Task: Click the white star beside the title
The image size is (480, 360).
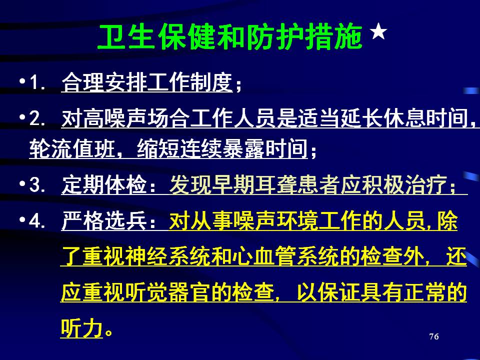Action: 378,31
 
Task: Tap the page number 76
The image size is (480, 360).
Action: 434,336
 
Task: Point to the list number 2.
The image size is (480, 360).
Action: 37,118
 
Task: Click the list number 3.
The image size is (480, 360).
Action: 37,185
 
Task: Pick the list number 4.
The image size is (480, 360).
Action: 37,220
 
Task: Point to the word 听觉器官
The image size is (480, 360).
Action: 168,292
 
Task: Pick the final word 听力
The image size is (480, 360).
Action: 81,328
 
